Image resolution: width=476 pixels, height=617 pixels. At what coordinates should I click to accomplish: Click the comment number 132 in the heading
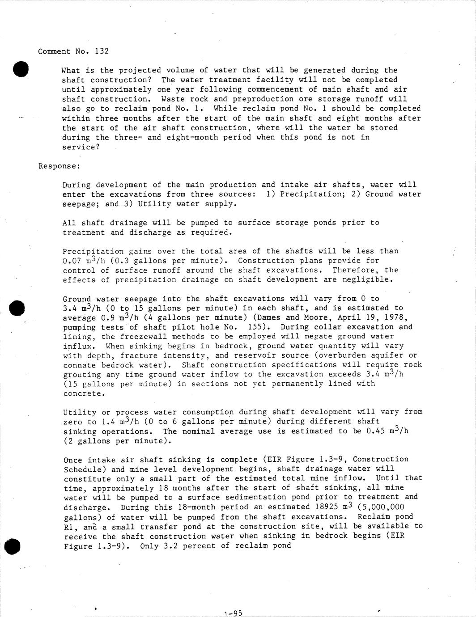click(102, 51)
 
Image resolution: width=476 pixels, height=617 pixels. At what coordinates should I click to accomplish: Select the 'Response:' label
click(59, 166)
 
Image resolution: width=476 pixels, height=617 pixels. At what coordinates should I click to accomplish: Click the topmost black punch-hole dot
click(21, 69)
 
